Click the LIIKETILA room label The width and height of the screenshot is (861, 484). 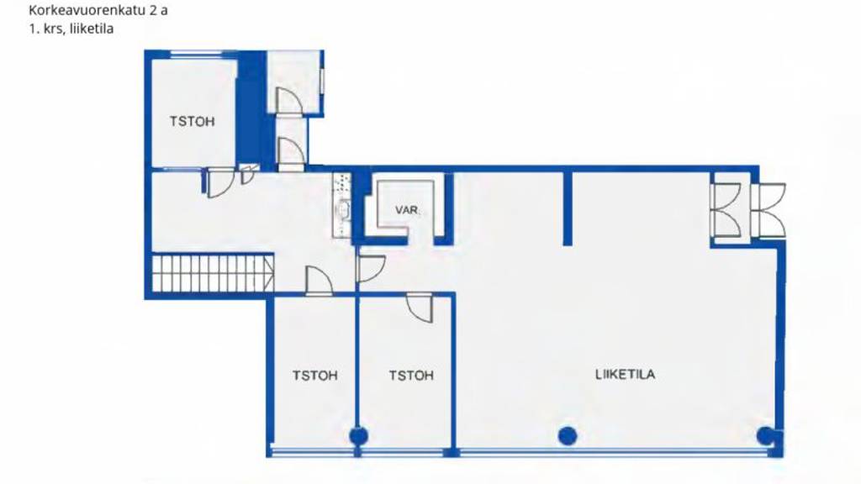tap(625, 374)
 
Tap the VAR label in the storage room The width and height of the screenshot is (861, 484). tap(406, 210)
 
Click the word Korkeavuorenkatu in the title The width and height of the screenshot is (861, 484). tap(87, 10)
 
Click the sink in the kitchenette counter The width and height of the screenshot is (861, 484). tap(344, 210)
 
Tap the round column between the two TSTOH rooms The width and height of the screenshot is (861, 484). tap(358, 436)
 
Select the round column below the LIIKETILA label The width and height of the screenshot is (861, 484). tap(568, 436)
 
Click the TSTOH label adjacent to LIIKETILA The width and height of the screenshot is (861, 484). tap(411, 376)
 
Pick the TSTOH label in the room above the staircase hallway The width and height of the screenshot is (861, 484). tap(193, 121)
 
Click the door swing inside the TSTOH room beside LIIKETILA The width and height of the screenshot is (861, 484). tap(420, 308)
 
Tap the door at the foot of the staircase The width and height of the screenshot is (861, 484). tap(319, 280)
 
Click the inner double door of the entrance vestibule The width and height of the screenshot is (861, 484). tap(725, 210)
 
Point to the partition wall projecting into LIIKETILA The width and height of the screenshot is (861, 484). tap(568, 208)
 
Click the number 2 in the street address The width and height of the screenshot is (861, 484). tap(153, 10)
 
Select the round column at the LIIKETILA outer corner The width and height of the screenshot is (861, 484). tap(765, 436)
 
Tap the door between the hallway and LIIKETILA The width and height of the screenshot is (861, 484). tap(370, 268)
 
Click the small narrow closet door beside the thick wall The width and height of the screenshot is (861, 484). tap(248, 174)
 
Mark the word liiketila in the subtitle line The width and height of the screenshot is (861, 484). tap(92, 29)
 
